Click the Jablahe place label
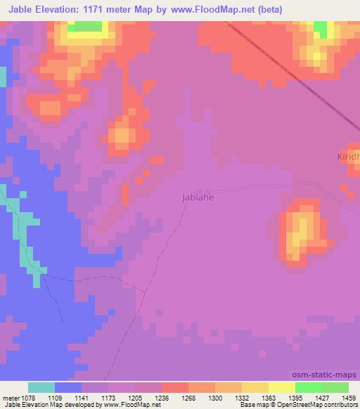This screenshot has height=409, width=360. pyautogui.click(x=198, y=197)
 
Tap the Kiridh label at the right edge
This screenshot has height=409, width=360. pyautogui.click(x=347, y=155)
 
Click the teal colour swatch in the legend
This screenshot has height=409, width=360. pyautogui.click(x=41, y=387)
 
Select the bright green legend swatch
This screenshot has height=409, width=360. pyautogui.click(x=309, y=387)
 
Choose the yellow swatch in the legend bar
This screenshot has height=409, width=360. pyautogui.click(x=282, y=387)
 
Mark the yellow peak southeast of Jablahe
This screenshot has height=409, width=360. pyautogui.click(x=301, y=229)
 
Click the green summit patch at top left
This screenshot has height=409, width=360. pyautogui.click(x=85, y=26)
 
